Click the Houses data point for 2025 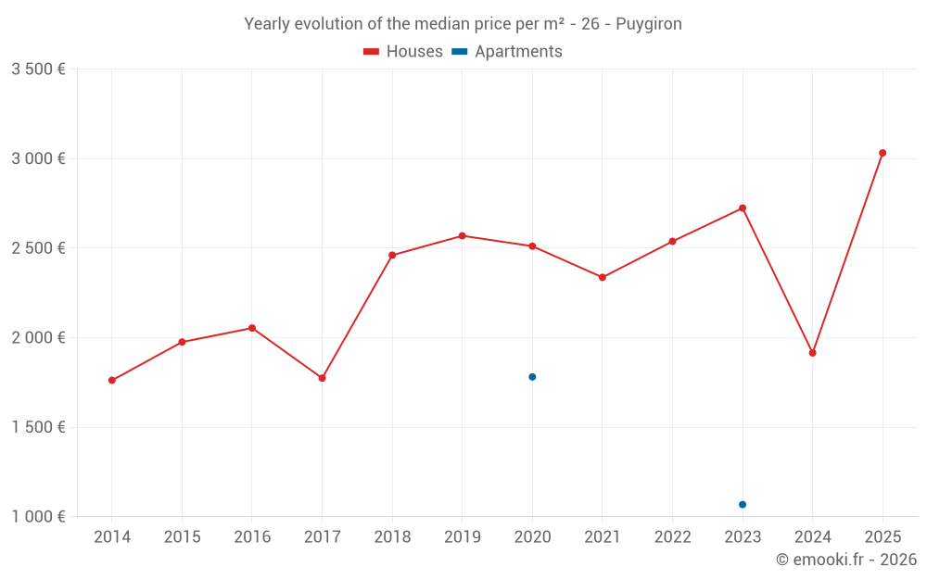coord(883,153)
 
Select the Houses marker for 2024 coord(812,353)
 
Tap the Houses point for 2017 coord(322,378)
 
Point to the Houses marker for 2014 coord(112,380)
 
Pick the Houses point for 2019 coord(462,235)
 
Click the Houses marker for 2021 coord(603,277)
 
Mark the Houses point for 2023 coord(743,208)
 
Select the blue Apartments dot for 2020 coord(532,377)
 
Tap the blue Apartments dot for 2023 coord(743,504)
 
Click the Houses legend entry coord(403,52)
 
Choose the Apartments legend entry coord(507,52)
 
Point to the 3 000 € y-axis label coord(38,158)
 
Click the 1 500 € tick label coord(38,427)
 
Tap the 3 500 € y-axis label coord(38,69)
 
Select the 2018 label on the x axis coord(392,537)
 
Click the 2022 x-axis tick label coord(672,537)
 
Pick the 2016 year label coord(252,537)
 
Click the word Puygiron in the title coord(648,24)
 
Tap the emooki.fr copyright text coord(846,560)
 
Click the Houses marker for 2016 coord(252,328)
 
